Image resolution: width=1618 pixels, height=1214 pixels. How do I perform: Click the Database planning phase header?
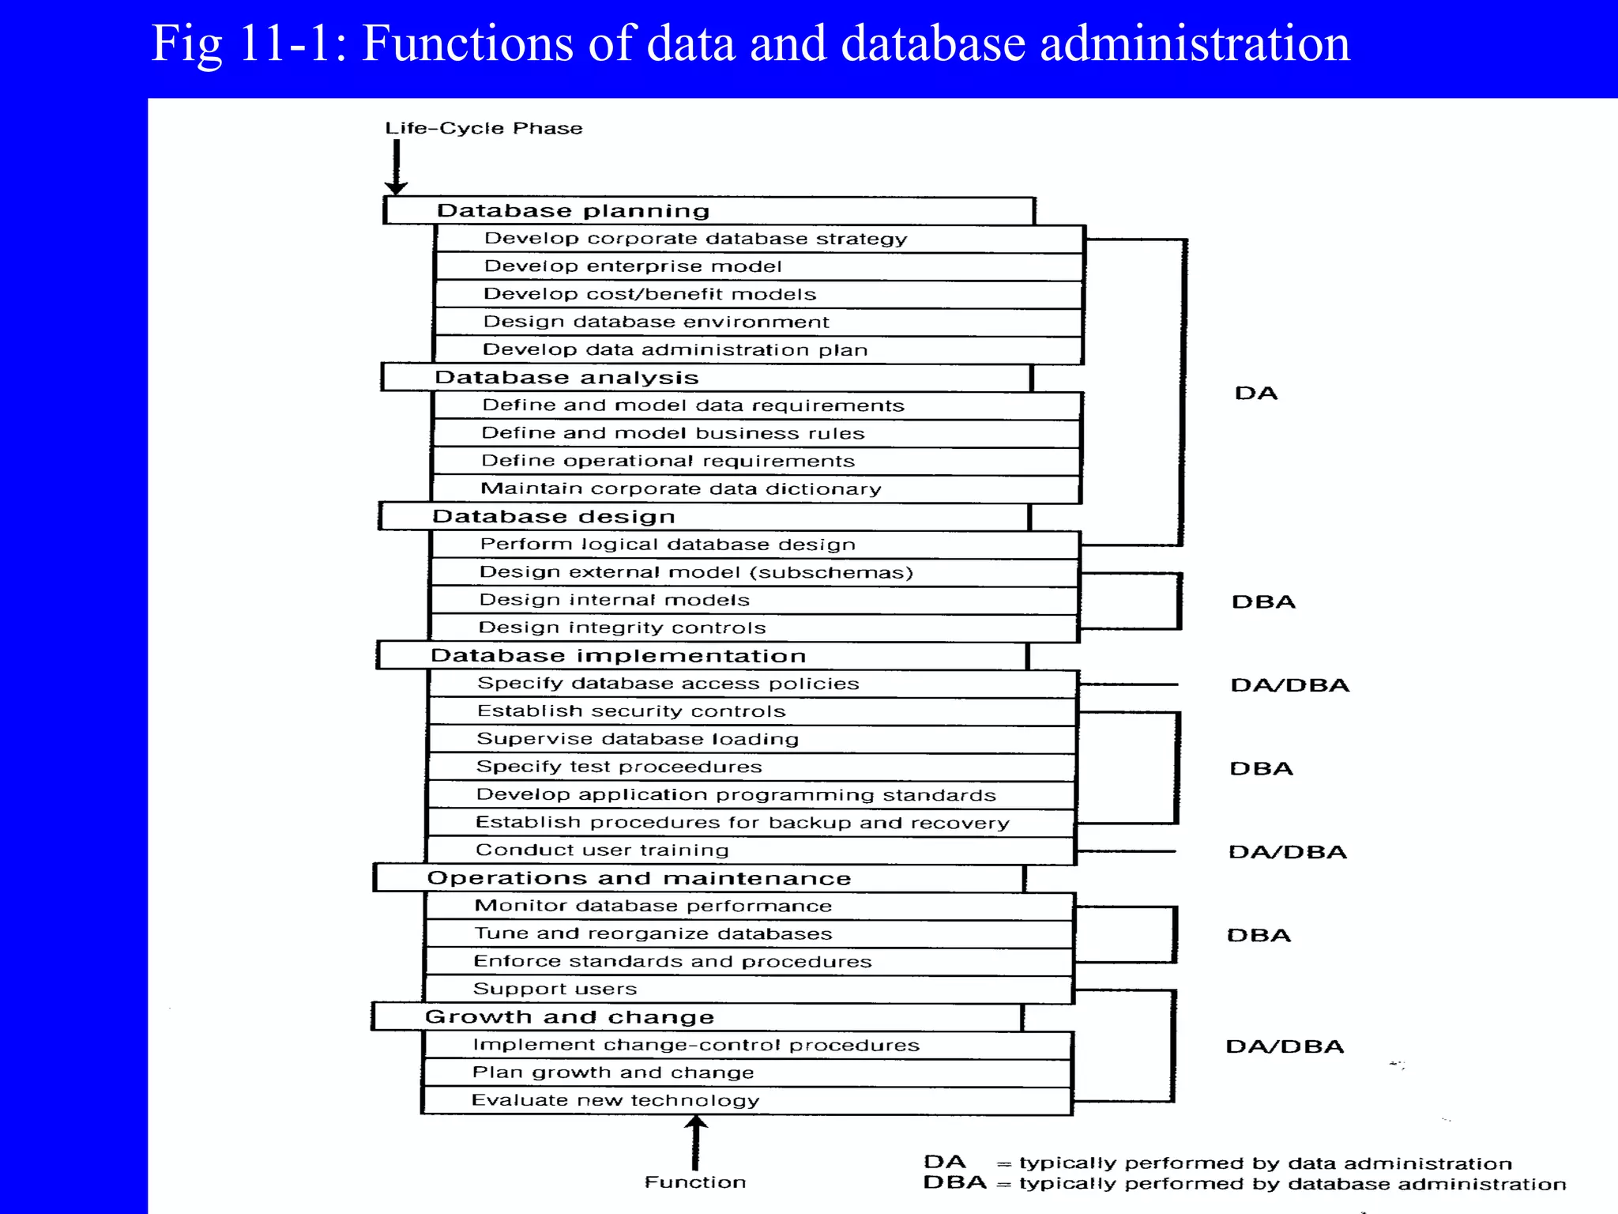pyautogui.click(x=573, y=211)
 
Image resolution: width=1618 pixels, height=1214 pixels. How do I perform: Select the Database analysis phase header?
pyautogui.click(x=566, y=378)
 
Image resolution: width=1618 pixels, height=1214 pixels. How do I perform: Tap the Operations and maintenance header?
pyautogui.click(x=638, y=878)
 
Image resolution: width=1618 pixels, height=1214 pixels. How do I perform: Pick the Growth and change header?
pyautogui.click(x=569, y=1017)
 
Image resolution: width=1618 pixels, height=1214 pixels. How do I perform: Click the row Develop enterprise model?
pyautogui.click(x=632, y=266)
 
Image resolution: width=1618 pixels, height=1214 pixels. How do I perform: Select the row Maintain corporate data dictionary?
pyautogui.click(x=680, y=489)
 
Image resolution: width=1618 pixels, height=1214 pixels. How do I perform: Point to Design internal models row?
pyautogui.click(x=614, y=600)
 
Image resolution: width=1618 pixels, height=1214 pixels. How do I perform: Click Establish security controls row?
pyautogui.click(x=630, y=711)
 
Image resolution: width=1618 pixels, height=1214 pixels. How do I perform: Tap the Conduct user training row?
pyautogui.click(x=602, y=850)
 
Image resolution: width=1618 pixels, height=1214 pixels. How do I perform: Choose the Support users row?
pyautogui.click(x=555, y=990)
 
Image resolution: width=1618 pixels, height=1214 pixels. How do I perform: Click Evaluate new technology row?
pyautogui.click(x=615, y=1101)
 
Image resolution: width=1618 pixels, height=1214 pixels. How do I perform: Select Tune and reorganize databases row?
pyautogui.click(x=653, y=934)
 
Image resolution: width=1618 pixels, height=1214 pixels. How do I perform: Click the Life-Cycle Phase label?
pyautogui.click(x=484, y=128)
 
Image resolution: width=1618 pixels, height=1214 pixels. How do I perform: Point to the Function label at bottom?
pyautogui.click(x=694, y=1182)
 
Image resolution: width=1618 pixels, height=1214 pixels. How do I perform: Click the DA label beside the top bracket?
pyautogui.click(x=1255, y=394)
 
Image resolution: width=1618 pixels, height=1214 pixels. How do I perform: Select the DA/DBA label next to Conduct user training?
pyautogui.click(x=1287, y=852)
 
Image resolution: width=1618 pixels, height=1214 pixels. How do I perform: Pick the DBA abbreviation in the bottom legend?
pyautogui.click(x=954, y=1183)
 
